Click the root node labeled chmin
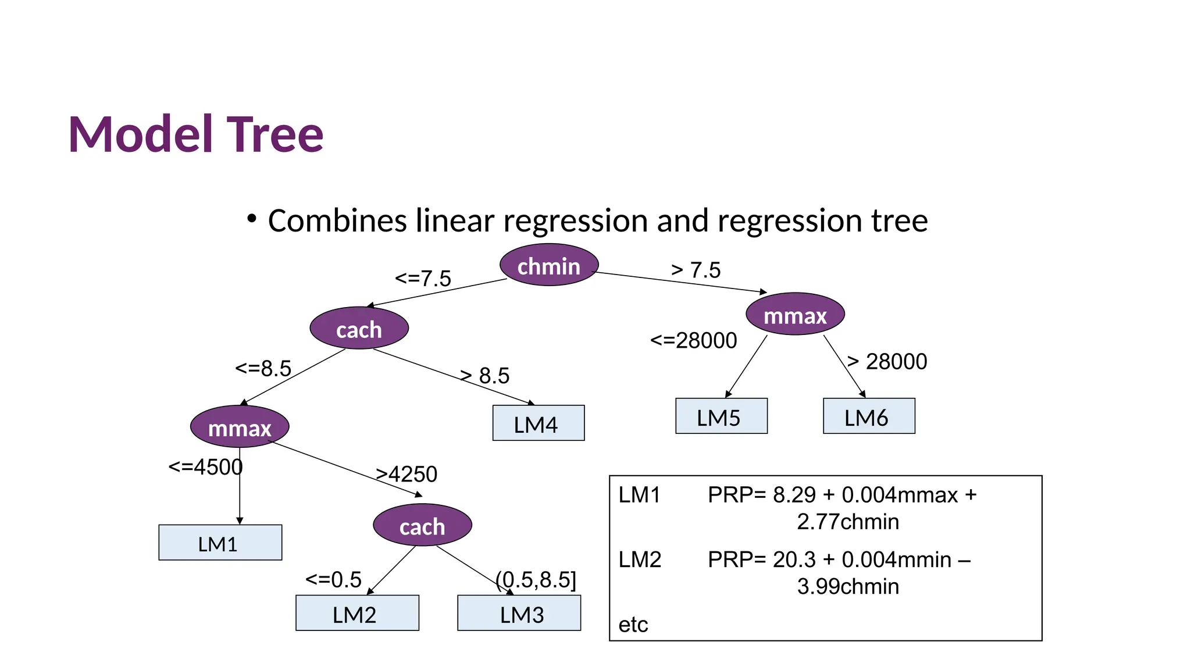(549, 265)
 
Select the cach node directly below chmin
(359, 329)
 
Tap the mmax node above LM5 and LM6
(795, 315)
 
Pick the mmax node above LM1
(240, 427)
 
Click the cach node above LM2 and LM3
(422, 526)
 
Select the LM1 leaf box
(220, 543)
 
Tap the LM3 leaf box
(519, 613)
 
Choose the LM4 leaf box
(538, 423)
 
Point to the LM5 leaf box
(721, 416)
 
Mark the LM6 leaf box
(869, 416)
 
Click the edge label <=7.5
(423, 279)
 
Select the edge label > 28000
(887, 362)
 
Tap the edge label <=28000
(693, 341)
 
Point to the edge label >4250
(406, 475)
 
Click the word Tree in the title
(274, 135)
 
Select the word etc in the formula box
(633, 625)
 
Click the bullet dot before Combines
(251, 219)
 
